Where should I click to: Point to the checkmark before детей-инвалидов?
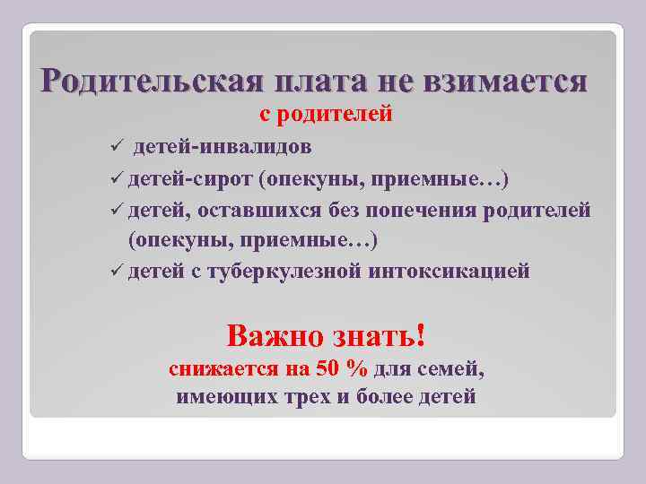coord(110,146)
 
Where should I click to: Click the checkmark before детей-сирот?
coord(110,177)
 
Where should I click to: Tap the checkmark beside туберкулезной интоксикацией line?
coord(110,272)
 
